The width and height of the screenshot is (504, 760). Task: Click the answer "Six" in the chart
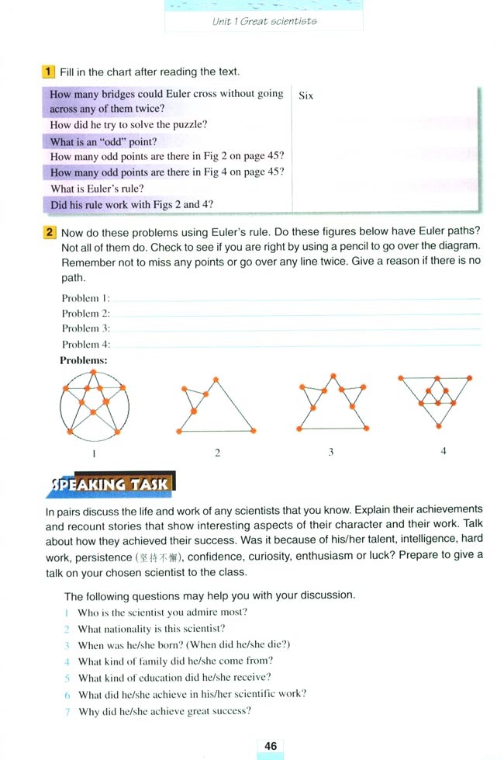point(306,96)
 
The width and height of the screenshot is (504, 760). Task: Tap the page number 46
point(270,746)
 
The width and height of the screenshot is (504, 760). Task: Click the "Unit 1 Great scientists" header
point(264,21)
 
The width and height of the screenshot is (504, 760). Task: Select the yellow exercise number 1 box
point(48,71)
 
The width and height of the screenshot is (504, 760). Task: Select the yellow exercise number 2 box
point(49,232)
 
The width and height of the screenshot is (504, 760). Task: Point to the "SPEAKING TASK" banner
point(111,484)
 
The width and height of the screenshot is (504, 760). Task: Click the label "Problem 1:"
point(85,298)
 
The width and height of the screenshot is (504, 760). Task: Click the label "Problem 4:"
point(85,344)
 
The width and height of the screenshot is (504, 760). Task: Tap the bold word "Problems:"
point(83,360)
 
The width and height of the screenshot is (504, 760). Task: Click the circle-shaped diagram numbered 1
point(95,406)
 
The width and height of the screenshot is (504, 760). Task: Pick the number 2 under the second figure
point(217,453)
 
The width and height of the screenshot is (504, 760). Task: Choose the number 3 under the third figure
point(331,452)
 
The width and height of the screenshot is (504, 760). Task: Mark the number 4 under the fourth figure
point(444,450)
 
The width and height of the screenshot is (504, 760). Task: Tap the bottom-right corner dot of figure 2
point(254,431)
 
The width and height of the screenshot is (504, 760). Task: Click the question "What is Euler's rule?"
point(97,189)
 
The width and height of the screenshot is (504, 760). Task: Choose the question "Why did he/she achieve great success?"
point(164,711)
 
